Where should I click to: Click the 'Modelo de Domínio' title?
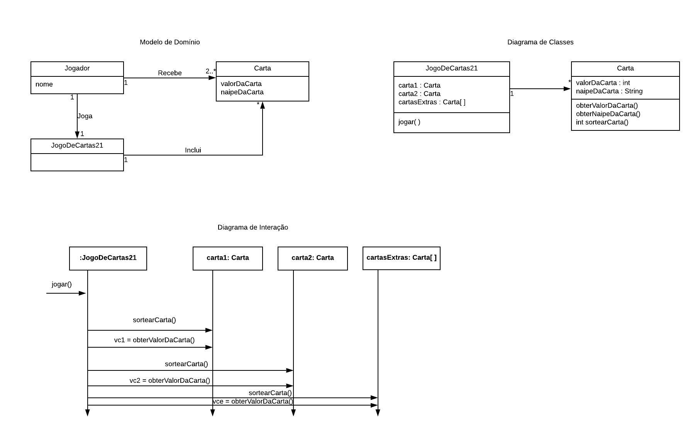click(x=170, y=42)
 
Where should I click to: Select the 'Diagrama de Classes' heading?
click(x=540, y=42)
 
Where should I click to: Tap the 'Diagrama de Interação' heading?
click(x=253, y=227)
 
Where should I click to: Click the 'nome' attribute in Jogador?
click(x=44, y=84)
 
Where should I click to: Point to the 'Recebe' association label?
click(x=170, y=73)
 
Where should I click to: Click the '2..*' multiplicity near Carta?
click(x=210, y=71)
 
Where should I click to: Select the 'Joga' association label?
click(x=85, y=116)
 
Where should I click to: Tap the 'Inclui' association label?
click(x=193, y=150)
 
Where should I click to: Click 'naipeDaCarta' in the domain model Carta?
click(x=242, y=92)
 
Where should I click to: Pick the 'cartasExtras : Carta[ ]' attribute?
click(x=432, y=102)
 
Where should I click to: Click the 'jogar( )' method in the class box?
click(x=409, y=122)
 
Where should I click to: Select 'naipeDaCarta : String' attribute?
click(x=609, y=91)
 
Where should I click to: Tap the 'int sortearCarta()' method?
click(x=602, y=122)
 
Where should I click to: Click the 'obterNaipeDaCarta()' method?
click(x=608, y=114)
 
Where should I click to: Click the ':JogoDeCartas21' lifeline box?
click(x=108, y=258)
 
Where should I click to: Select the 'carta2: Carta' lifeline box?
click(x=312, y=258)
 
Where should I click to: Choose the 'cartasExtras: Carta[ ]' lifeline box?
click(x=401, y=258)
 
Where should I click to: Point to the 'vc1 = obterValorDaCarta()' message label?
click(x=154, y=340)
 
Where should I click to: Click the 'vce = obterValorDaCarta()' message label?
click(x=253, y=401)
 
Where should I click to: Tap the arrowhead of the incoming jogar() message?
click(x=82, y=293)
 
